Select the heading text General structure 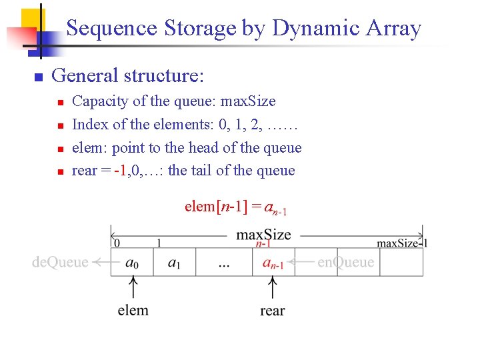127,75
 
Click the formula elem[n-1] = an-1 235,207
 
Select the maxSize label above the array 263,235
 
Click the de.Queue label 60,262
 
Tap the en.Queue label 345,262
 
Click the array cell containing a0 132,263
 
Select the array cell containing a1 174,263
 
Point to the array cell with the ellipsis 223,263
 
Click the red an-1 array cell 273,263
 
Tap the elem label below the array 133,310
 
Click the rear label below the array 272,311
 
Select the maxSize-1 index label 402,243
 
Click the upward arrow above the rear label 272,289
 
